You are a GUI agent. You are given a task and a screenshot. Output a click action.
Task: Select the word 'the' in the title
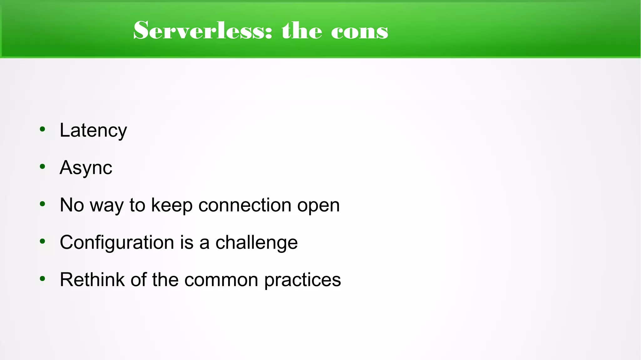point(302,31)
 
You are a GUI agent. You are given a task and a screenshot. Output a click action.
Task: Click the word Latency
point(93,130)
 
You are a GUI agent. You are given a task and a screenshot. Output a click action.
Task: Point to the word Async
point(86,168)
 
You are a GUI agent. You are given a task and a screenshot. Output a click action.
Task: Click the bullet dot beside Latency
point(43,129)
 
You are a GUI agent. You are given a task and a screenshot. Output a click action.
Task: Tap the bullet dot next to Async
point(43,167)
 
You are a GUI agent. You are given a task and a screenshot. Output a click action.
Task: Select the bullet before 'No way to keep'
point(43,204)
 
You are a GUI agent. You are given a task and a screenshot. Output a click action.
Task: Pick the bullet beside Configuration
point(43,241)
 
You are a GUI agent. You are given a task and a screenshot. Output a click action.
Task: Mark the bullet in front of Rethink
point(43,279)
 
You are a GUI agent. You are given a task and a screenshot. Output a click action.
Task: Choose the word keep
point(172,206)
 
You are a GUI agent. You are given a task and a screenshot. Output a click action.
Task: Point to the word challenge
point(257,243)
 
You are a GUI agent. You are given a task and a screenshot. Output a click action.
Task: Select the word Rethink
point(92,280)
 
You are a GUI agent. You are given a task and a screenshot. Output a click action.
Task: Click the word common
point(221,280)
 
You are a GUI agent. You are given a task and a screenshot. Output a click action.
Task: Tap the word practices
point(303,280)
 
